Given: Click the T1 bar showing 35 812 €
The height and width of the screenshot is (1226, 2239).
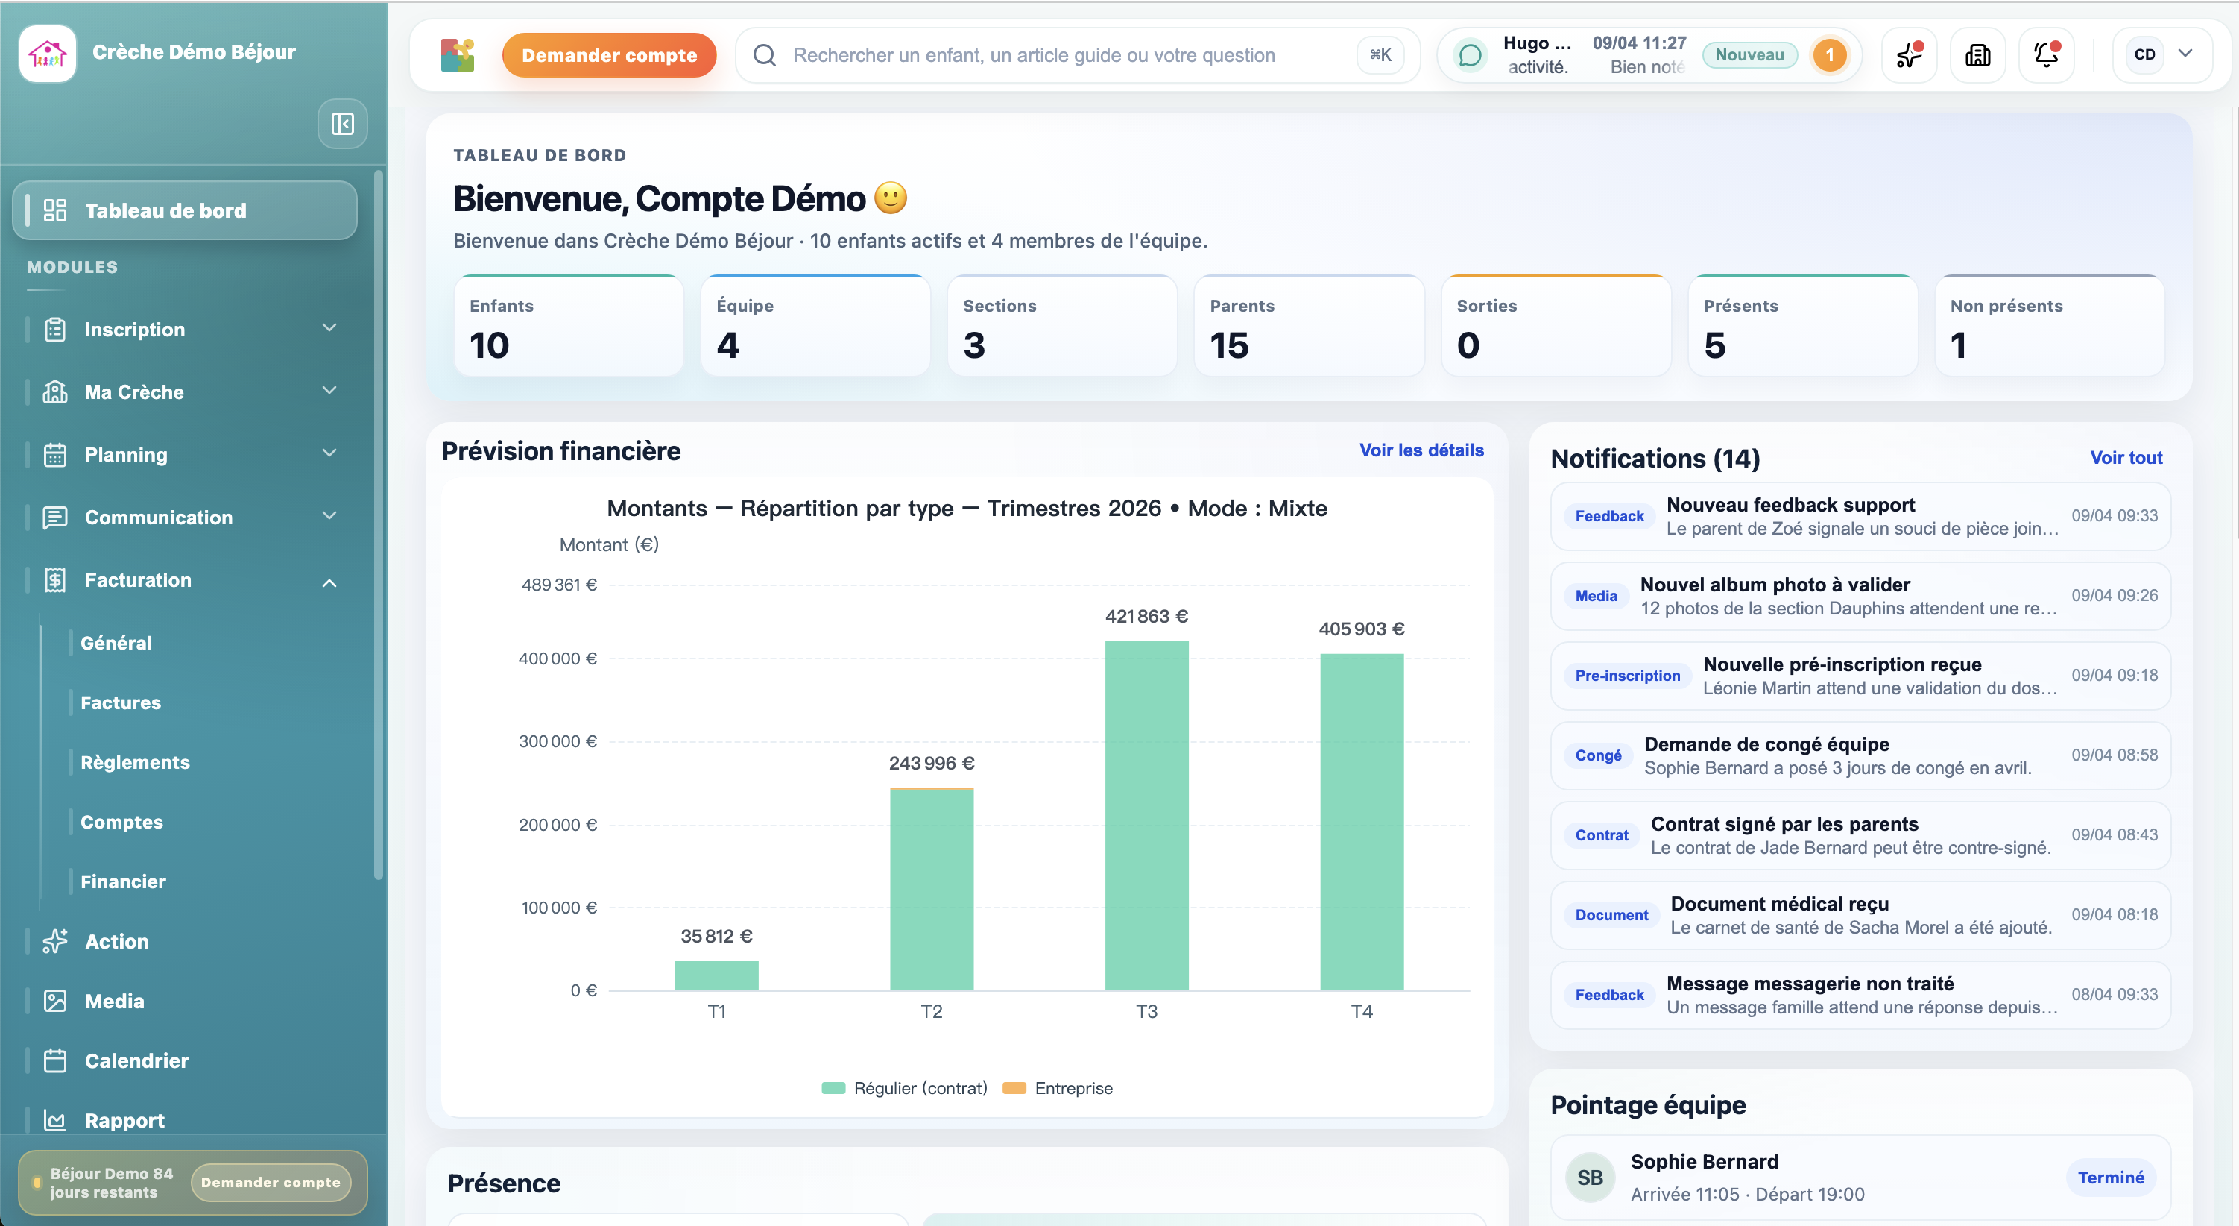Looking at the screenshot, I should point(716,975).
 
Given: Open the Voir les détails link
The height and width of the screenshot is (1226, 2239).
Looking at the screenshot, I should point(1421,450).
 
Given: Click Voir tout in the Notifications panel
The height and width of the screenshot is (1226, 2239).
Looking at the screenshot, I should point(2125,457).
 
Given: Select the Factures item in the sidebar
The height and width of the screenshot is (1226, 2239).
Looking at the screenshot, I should point(121,702).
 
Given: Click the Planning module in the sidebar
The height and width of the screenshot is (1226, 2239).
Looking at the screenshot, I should point(126,455).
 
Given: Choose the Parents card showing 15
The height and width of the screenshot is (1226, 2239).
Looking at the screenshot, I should point(1308,327).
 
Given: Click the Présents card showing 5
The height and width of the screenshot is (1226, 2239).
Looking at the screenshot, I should point(1801,327).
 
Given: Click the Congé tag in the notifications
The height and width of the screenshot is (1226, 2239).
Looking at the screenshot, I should point(1597,755).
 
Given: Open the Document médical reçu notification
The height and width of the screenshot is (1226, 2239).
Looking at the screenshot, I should point(1860,915).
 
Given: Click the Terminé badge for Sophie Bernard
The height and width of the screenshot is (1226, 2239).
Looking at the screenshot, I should point(2110,1178).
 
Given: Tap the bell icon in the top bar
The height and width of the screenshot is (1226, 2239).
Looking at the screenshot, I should point(2045,54).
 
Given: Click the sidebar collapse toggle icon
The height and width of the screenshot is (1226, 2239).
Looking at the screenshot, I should point(342,124).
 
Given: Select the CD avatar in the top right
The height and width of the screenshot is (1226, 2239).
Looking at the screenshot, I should point(2144,54).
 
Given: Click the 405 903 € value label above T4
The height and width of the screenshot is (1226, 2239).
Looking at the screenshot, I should point(1361,629).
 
